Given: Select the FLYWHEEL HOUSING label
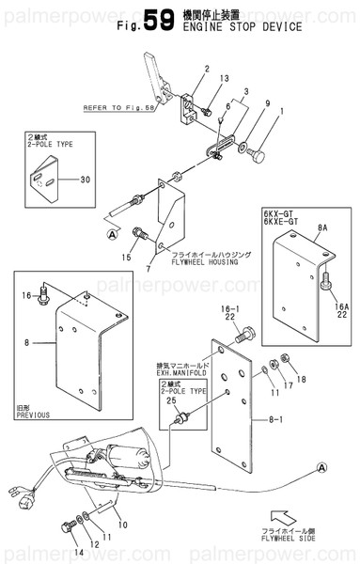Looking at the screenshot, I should pos(201,265).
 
